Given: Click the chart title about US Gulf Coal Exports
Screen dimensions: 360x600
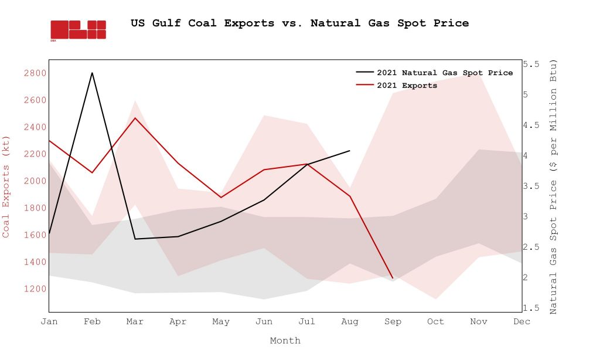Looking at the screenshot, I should (x=299, y=23).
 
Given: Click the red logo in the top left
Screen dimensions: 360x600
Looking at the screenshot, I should (x=78, y=30).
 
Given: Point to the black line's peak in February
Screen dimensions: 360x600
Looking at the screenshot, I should (x=92, y=73).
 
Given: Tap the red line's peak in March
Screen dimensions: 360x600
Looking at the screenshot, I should (x=135, y=118).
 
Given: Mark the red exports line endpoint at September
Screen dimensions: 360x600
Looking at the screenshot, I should (x=393, y=278).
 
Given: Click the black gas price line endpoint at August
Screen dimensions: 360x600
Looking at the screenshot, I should (x=350, y=151).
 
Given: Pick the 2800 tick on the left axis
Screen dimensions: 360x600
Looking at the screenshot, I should (x=35, y=73).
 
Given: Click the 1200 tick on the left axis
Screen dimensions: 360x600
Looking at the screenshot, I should (x=35, y=288).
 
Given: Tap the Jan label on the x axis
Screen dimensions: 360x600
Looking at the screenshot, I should (x=49, y=322).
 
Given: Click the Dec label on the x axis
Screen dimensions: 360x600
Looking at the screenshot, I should (x=521, y=322).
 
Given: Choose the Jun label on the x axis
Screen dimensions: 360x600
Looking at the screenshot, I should (x=264, y=322).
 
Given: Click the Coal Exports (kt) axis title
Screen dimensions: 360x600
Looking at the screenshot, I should (x=6, y=185).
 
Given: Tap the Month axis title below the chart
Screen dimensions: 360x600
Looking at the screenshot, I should (x=285, y=341).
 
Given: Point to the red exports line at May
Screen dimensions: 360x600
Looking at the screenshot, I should (x=221, y=198).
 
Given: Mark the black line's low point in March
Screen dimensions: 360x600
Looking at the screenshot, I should (x=135, y=239).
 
